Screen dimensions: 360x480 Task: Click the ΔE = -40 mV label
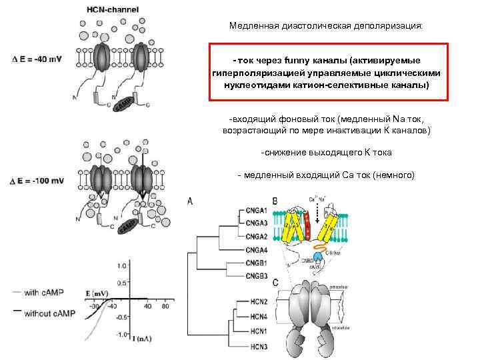pyautogui.click(x=37, y=59)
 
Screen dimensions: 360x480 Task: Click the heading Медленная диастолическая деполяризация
pyautogui.click(x=325, y=26)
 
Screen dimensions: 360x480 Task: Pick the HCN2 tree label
pyautogui.click(x=255, y=302)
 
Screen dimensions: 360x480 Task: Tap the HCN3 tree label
pyautogui.click(x=255, y=346)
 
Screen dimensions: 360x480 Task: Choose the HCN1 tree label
pyautogui.click(x=255, y=331)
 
